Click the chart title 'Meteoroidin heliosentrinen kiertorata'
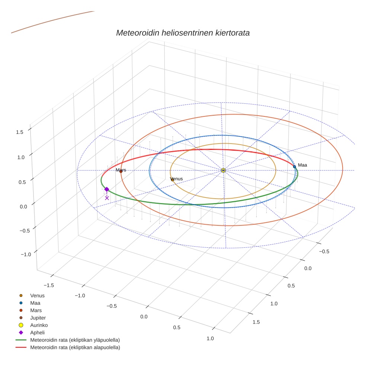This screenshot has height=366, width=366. (x=183, y=33)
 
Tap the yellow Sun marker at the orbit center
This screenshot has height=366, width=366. (x=223, y=170)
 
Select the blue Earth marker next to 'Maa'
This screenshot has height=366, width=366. (x=295, y=167)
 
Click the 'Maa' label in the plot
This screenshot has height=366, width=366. (x=302, y=165)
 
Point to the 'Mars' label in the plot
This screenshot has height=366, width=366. (x=121, y=170)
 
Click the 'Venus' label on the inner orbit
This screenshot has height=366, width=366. (x=176, y=179)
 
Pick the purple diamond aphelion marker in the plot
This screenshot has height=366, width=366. (x=107, y=189)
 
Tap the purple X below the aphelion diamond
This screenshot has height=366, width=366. (x=107, y=198)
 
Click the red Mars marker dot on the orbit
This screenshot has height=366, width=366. (x=121, y=171)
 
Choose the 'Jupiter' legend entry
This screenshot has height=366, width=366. (x=38, y=318)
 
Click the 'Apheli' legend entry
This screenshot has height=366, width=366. (x=37, y=333)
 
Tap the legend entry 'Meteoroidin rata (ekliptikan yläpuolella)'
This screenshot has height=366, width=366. (x=75, y=340)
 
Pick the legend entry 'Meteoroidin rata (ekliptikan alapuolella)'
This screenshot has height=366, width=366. (x=75, y=347)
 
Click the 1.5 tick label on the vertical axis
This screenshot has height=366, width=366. (x=20, y=132)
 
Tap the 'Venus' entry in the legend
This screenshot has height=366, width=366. (x=37, y=296)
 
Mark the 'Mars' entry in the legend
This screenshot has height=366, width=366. (x=36, y=310)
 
